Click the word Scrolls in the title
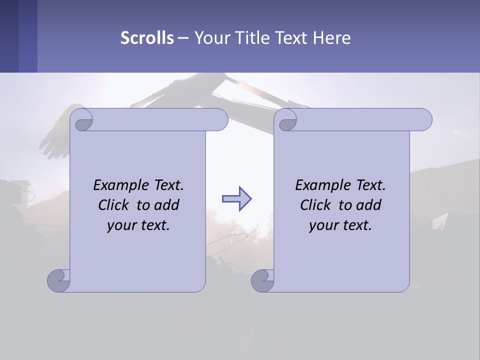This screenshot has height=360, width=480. [x=147, y=38]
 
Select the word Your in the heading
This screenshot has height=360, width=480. [x=210, y=38]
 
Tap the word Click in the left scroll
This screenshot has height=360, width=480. [x=114, y=205]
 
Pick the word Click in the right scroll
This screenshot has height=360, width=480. [x=316, y=205]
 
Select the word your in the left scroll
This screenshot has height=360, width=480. [x=120, y=225]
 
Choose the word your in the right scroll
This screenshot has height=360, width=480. [x=322, y=225]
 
